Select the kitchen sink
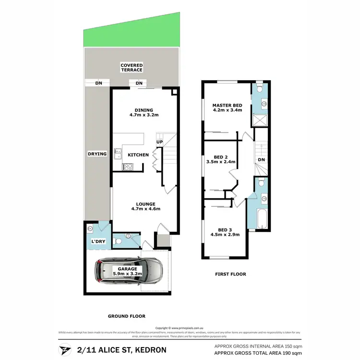click(x=117, y=155)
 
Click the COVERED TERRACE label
click(x=132, y=68)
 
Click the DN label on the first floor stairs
click(x=261, y=160)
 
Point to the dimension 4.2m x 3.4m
click(x=227, y=110)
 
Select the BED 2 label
click(x=220, y=156)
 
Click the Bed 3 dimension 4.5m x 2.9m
click(x=225, y=235)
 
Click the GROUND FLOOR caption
click(x=127, y=316)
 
